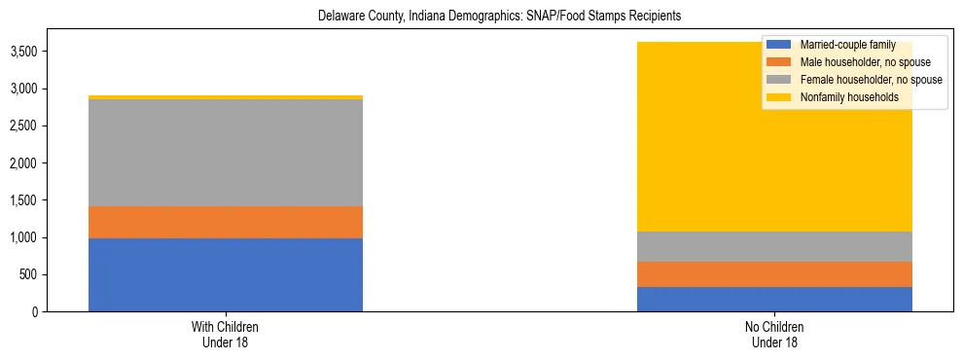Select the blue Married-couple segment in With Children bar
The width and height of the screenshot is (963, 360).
pos(226,274)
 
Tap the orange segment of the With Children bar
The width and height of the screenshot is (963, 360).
pos(226,222)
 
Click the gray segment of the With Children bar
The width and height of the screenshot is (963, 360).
pos(226,153)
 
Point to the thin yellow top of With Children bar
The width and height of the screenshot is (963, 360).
pos(226,97)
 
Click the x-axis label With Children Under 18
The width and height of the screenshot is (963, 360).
pos(226,335)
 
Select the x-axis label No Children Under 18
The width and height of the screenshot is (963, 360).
pos(774,335)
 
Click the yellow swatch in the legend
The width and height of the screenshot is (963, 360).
pos(778,97)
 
